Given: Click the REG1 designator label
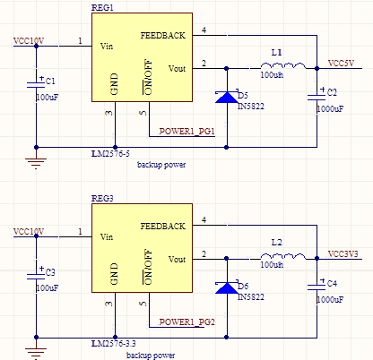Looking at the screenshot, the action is [x=102, y=7].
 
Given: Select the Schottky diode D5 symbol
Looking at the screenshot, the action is [x=227, y=97].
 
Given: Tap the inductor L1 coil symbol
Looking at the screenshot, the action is [x=283, y=65].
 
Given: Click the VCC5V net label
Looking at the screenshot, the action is [x=341, y=64].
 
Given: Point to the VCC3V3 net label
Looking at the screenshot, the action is [x=343, y=254].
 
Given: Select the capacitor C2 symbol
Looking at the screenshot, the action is [x=317, y=96].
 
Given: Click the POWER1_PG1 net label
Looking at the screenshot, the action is [x=186, y=132].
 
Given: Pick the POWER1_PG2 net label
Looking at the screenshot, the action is [x=186, y=322].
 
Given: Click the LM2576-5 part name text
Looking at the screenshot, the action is [x=110, y=154].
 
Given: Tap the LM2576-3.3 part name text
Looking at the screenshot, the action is [x=113, y=344].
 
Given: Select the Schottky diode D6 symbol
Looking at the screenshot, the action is [x=227, y=287].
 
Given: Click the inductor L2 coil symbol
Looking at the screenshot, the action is [x=283, y=256].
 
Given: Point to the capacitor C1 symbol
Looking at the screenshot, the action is [x=36, y=84].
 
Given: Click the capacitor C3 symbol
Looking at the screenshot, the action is [x=36, y=275].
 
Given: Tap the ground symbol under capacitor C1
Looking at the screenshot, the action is [x=36, y=164].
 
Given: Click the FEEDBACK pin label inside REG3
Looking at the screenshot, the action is [x=163, y=227].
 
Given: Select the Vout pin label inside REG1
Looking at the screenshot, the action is [x=177, y=69].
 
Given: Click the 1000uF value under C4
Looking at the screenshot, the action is [x=330, y=299].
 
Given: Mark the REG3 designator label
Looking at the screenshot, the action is [x=102, y=198].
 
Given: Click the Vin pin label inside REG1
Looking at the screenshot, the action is [x=107, y=47].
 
